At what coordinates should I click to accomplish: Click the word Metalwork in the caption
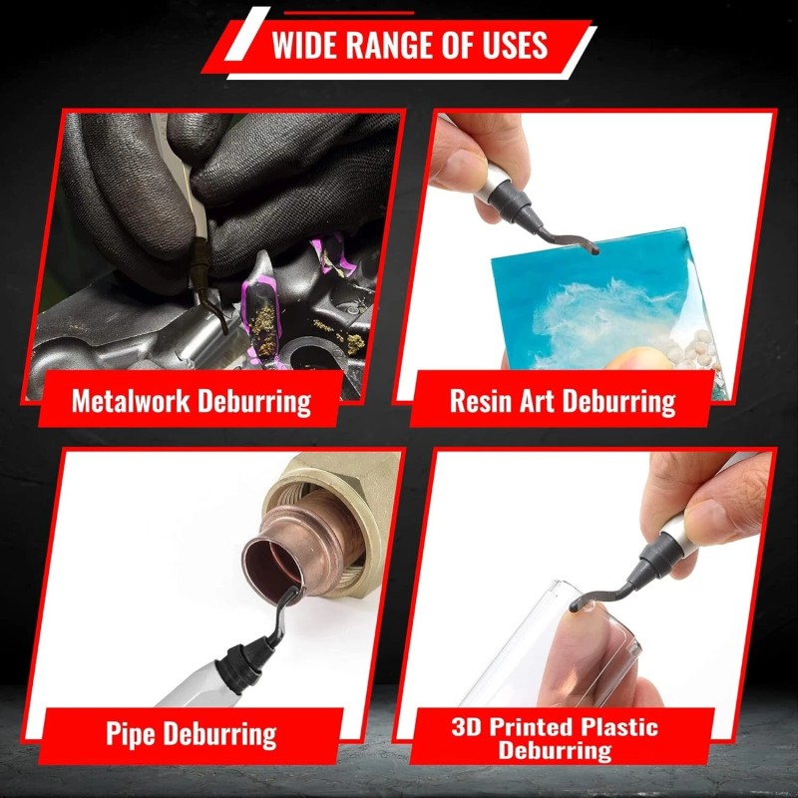[131, 401]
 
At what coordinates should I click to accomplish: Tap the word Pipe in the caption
[131, 734]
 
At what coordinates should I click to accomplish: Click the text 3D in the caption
[466, 727]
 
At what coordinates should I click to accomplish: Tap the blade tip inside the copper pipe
[293, 593]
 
